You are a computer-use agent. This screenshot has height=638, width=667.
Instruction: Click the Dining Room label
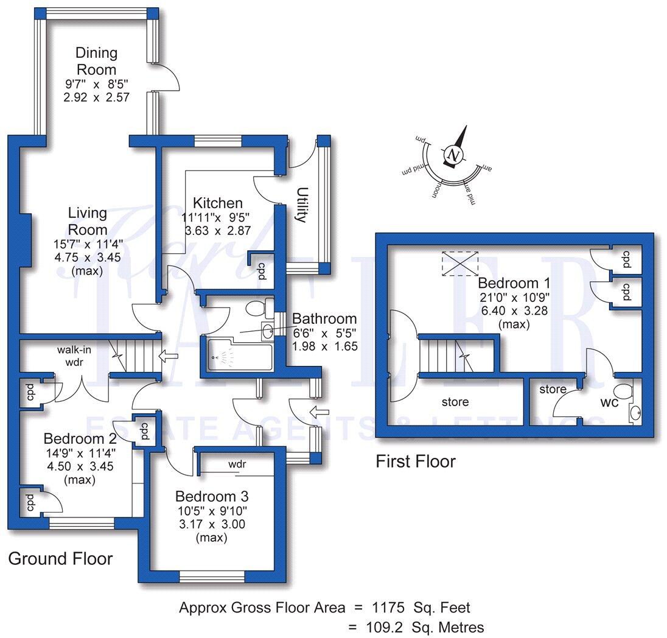point(96,61)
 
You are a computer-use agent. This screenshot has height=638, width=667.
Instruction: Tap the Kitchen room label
point(218,203)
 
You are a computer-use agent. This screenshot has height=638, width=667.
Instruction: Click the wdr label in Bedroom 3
point(236,464)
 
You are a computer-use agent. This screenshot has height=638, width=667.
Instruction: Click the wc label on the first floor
point(608,403)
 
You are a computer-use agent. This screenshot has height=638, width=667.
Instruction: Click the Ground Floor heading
point(60,558)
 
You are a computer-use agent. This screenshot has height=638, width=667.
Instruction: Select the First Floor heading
point(415,461)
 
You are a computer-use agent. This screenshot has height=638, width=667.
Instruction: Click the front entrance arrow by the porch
point(318,412)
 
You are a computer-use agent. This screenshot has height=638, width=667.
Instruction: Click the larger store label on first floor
point(455,402)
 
